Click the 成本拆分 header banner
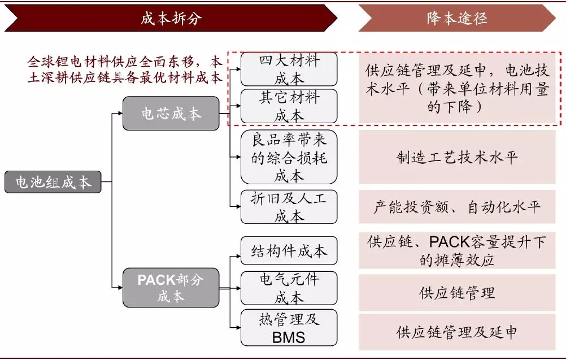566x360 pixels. point(171,18)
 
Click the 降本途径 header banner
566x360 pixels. point(456,18)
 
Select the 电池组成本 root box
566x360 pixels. point(53,182)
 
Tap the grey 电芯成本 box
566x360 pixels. point(171,114)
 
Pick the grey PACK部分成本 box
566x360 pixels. point(171,288)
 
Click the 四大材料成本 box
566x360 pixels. point(289,69)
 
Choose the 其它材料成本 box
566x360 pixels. point(289,106)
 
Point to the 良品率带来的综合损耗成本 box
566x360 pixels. point(289,157)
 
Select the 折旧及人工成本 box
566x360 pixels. point(289,206)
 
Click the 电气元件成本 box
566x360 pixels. point(289,288)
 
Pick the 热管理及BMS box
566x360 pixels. point(289,328)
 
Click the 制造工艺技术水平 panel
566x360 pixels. point(457,157)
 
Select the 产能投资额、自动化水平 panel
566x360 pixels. point(457,207)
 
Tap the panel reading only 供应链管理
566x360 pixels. point(457,292)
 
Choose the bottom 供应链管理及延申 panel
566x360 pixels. point(457,331)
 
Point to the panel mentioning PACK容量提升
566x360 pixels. point(457,250)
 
